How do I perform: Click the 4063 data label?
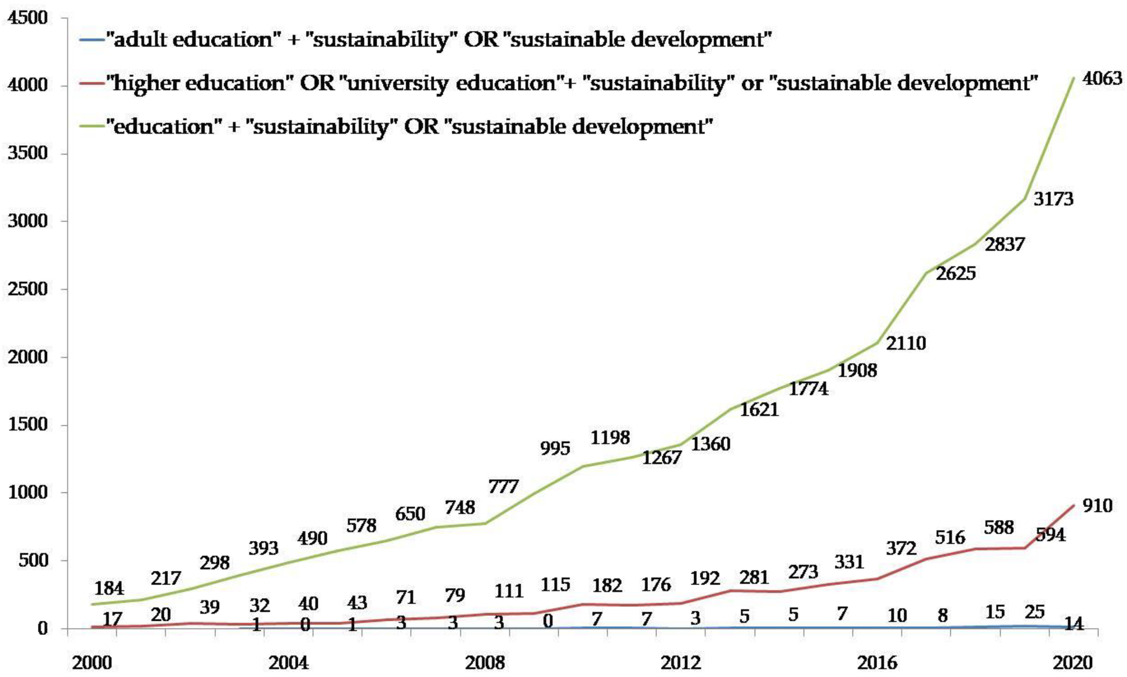coord(1102,79)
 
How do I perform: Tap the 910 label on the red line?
coord(1097,505)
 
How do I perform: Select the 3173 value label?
coord(1053,199)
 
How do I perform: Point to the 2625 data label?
coord(956,274)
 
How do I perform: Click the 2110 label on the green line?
coord(906,343)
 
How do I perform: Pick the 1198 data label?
coord(610,438)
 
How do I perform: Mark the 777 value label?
coord(503,487)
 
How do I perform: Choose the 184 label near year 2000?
coord(109,588)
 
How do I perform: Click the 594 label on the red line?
coord(1050,535)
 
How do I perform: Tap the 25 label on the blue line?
coord(1034,612)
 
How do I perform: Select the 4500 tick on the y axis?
coord(28,18)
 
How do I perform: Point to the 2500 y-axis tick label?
coord(28,289)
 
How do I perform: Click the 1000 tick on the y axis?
coord(28,493)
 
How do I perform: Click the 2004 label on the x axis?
coord(288,663)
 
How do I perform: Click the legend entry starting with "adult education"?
coord(438,40)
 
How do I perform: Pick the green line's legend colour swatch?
coord(91,127)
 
